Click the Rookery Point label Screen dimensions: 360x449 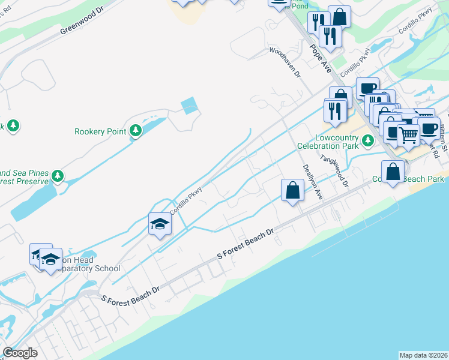[x=100, y=131]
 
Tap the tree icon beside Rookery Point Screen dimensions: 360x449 [x=136, y=130]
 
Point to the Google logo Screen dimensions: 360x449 [x=20, y=353]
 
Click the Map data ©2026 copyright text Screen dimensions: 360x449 [x=423, y=355]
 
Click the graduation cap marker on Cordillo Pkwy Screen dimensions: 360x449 [x=160, y=224]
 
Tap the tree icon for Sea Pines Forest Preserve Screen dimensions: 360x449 [x=58, y=176]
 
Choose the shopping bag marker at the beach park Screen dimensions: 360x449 [x=393, y=172]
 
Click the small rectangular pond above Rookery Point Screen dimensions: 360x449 [x=188, y=106]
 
